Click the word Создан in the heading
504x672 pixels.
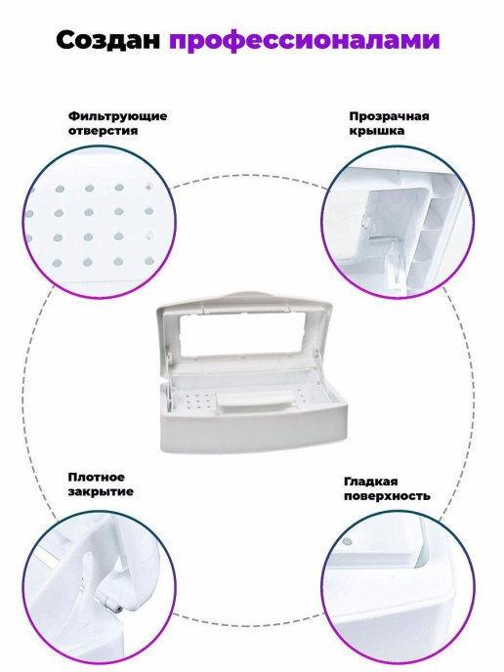pos(108,40)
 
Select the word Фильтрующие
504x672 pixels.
pos(117,116)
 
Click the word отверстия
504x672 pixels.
pos(103,131)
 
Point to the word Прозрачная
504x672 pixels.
pos(389,116)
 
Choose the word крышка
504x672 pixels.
pos(376,131)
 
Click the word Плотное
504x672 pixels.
pos(96,478)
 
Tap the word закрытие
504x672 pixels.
pos(101,491)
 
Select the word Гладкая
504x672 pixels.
pos(371,482)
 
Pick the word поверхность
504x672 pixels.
pos(387,496)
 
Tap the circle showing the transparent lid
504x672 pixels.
pos(398,222)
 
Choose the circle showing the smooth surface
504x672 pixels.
pos(398,586)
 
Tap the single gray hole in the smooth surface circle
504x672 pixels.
pos(348,541)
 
